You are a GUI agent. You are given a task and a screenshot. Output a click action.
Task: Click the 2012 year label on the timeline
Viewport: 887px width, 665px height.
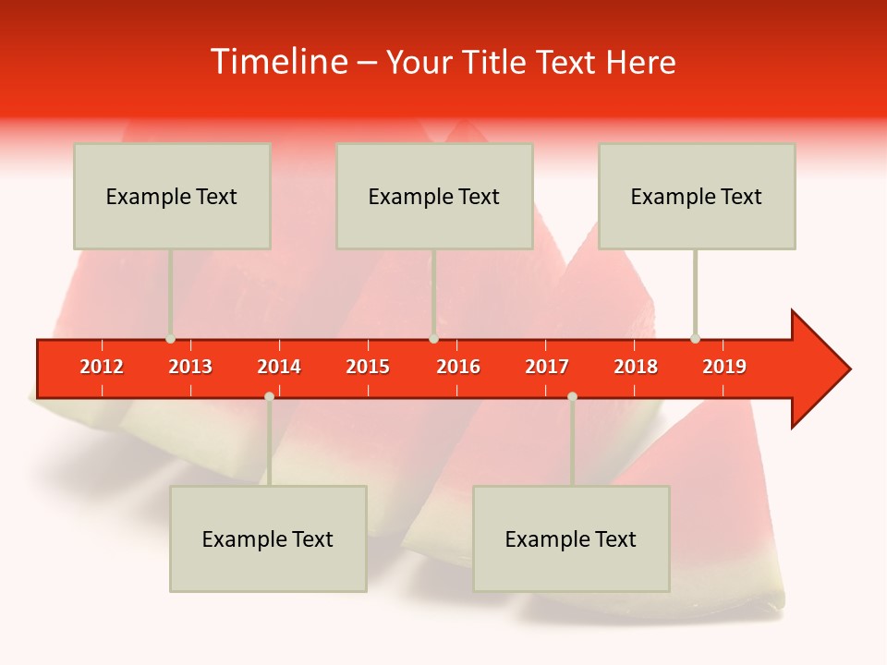(102, 367)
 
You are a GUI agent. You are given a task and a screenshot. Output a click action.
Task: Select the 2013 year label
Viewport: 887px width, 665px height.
(190, 367)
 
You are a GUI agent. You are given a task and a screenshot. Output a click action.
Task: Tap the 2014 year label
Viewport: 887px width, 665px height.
(279, 367)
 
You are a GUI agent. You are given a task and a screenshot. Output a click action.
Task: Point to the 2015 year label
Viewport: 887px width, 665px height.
(368, 367)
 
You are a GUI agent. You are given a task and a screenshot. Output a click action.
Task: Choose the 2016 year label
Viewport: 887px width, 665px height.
(458, 367)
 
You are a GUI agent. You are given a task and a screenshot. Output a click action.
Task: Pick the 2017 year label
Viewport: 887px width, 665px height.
(547, 367)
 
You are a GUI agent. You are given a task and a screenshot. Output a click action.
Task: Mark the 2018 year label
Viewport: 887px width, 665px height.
(636, 367)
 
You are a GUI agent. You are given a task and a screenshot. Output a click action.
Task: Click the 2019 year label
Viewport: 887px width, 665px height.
(724, 367)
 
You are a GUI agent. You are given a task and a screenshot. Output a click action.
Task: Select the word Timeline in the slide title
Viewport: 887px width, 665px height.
(277, 62)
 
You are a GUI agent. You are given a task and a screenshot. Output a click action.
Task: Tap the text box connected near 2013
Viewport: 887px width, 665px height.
(172, 196)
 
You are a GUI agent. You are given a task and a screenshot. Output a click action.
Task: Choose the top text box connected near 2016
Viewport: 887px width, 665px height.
(434, 196)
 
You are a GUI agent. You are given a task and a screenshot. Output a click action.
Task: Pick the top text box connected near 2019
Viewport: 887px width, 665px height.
(697, 196)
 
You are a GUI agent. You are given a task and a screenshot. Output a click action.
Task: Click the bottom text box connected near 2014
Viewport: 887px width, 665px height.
(268, 538)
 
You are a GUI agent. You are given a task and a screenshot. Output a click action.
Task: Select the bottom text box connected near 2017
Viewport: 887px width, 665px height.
(571, 538)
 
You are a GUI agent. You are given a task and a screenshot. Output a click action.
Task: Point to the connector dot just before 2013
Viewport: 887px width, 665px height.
(170, 339)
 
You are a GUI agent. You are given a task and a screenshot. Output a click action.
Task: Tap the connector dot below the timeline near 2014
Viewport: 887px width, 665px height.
(269, 396)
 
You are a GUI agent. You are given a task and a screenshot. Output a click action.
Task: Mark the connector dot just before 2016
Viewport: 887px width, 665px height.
(433, 339)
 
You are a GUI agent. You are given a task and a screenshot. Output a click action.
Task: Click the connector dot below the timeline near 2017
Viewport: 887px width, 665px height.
(572, 396)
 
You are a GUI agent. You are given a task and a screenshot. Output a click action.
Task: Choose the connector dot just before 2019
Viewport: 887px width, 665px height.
(695, 339)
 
